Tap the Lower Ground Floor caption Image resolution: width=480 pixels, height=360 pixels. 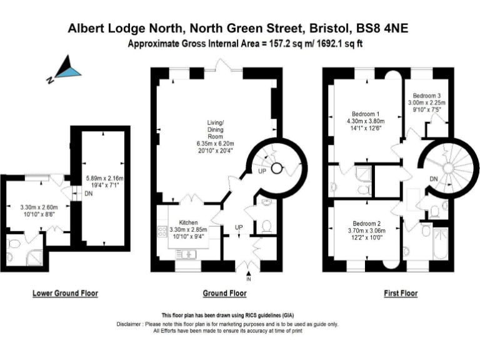click(65, 293)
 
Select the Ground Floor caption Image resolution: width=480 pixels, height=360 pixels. click(225, 293)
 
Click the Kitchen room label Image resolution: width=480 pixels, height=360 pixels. click(188, 222)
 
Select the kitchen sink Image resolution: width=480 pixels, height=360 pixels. click(187, 253)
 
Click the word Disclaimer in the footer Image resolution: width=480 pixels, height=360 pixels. click(130, 324)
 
